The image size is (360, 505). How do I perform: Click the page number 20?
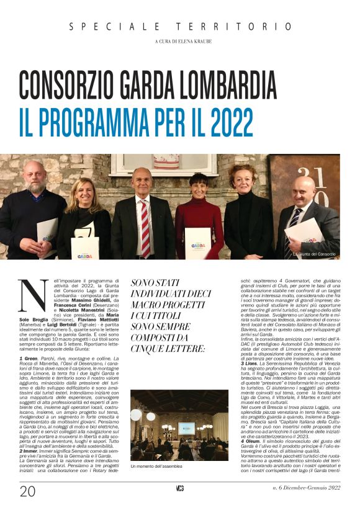click(27, 491)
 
